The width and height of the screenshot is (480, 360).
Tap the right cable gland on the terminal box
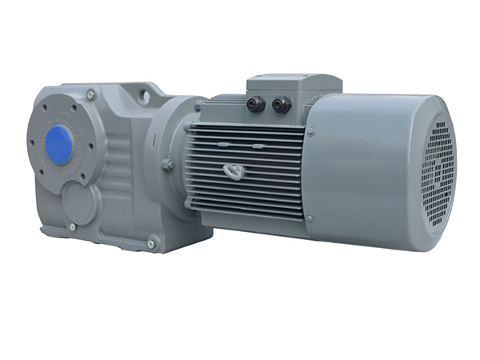tap(281, 104)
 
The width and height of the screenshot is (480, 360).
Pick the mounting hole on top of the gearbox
tap(145, 94)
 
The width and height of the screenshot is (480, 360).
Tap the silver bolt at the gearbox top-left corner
tap(90, 95)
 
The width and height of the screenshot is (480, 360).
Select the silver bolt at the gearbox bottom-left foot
tap(72, 227)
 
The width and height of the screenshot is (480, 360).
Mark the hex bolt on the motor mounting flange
tap(167, 164)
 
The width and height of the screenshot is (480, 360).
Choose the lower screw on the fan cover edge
tap(309, 217)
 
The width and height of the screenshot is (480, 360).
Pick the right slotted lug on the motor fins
tap(258, 146)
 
